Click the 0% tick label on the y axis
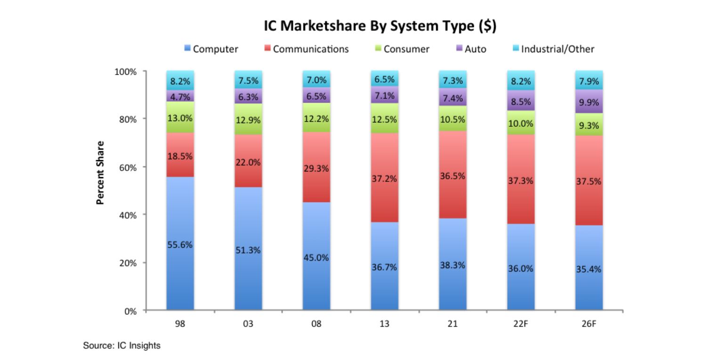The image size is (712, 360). point(131,311)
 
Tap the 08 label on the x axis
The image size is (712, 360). point(316,325)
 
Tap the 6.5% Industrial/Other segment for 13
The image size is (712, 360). point(384,79)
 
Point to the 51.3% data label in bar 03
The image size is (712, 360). point(248,250)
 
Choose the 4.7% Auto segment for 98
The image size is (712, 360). point(180,96)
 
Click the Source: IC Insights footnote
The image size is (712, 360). point(122,346)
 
